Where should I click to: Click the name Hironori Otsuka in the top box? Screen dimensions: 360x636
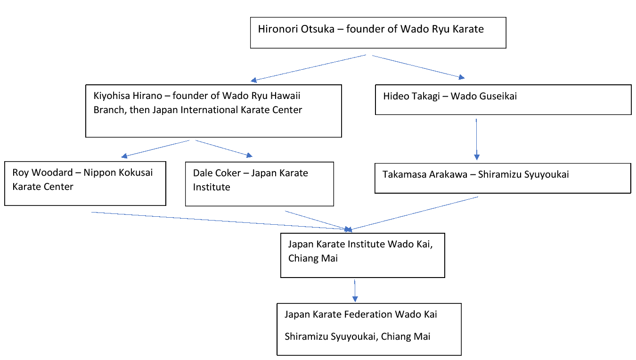coord(299,29)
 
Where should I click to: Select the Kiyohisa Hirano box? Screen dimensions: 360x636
coord(213,111)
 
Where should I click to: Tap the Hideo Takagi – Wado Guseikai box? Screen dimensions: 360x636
coord(503,99)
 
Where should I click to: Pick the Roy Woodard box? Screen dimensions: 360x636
coord(85,184)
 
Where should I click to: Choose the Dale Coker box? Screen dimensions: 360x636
coord(259,184)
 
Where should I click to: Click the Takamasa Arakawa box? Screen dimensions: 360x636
coord(502,178)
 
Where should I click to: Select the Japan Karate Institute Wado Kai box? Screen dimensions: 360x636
coord(362,255)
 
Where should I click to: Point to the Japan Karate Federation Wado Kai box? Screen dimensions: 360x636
coord(368,329)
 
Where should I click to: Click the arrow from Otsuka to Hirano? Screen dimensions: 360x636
coord(309,68)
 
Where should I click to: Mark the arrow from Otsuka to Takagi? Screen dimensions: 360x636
coord(417,66)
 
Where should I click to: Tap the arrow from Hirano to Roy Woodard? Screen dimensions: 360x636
coord(155,148)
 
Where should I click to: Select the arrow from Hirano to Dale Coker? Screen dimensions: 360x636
coord(224,148)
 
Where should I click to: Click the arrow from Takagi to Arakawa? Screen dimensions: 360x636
coord(477,139)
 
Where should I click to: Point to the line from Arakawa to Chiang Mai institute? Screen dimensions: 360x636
coord(415,213)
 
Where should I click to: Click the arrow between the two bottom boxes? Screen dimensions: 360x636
coord(355,290)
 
